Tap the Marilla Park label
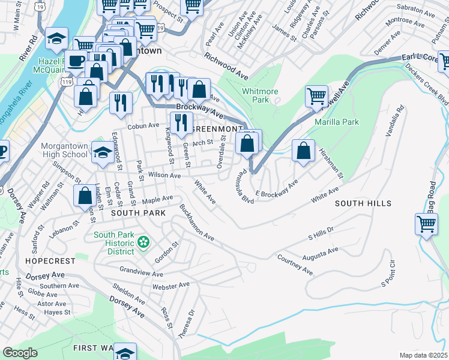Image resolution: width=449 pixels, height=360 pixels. click(336, 122)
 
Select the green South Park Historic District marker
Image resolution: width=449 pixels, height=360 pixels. click(143, 242)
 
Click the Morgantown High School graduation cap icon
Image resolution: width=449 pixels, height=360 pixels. click(102, 153)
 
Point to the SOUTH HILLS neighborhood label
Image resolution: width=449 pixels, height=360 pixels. click(363, 203)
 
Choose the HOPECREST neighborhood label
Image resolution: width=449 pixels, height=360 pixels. click(50, 261)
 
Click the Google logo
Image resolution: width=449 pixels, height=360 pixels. click(20, 353)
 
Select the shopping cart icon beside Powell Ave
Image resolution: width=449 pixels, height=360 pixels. click(316, 96)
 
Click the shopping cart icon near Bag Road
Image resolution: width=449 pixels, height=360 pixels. click(426, 224)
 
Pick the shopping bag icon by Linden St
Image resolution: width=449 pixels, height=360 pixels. click(83, 195)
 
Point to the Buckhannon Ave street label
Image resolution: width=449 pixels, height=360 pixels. click(196, 223)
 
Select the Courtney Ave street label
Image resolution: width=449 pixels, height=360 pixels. click(295, 265)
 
